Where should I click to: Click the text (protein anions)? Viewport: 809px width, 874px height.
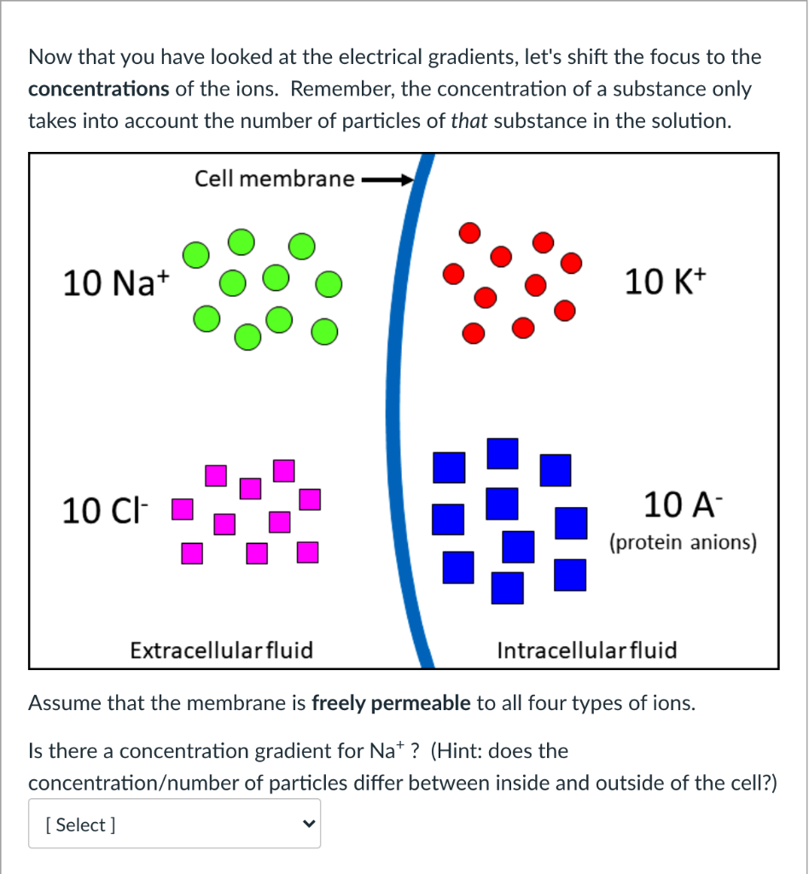click(x=683, y=543)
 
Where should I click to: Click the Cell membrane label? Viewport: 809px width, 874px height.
click(x=274, y=178)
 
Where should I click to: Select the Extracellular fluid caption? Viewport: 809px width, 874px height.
click(x=221, y=650)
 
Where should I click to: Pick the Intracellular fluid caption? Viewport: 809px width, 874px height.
click(x=586, y=650)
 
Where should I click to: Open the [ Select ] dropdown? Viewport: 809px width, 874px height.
click(x=174, y=824)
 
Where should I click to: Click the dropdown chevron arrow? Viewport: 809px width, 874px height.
click(x=308, y=824)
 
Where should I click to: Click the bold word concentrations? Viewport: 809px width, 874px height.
click(x=98, y=89)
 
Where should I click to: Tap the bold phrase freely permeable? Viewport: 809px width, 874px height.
click(x=391, y=703)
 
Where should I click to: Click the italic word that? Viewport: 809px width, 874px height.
click(x=469, y=120)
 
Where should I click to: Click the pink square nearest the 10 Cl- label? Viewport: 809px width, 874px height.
click(x=180, y=511)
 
